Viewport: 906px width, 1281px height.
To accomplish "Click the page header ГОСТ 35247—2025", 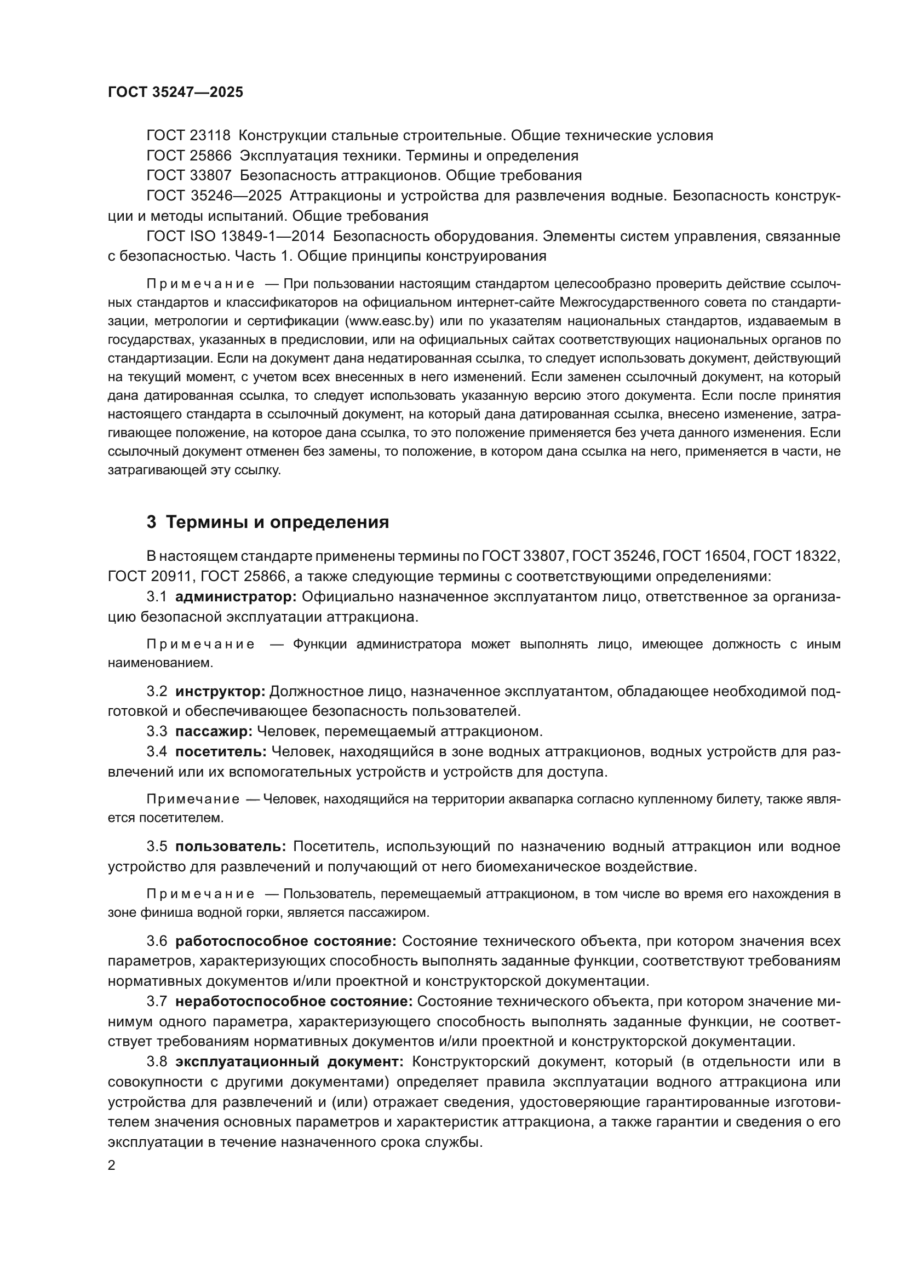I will [175, 92].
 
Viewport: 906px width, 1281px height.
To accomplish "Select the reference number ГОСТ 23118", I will [188, 136].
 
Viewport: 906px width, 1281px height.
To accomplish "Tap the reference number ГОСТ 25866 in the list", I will [188, 156].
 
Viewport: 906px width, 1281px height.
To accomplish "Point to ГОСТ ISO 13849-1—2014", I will [235, 236].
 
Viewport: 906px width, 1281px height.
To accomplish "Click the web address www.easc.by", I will [389, 321].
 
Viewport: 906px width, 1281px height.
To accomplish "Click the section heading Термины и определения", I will [277, 523].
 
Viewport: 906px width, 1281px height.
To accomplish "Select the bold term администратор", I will [236, 597].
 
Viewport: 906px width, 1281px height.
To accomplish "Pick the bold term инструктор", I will [220, 692].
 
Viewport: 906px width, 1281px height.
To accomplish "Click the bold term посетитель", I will [221, 751].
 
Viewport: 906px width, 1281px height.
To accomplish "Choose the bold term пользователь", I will [231, 846].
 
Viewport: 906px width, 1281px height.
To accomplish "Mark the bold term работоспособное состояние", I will [285, 941].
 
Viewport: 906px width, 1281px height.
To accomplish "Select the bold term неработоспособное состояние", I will [294, 1002].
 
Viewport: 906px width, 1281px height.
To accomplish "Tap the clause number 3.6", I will [156, 941].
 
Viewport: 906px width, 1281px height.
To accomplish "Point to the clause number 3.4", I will [156, 751].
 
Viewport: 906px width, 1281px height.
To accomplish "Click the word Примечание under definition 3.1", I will [200, 645].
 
